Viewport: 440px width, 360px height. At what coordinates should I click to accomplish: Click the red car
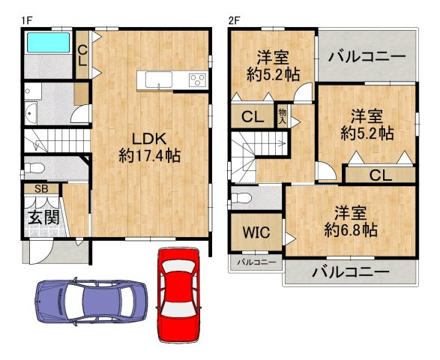click(178, 293)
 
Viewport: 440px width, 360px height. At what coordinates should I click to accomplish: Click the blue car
click(90, 301)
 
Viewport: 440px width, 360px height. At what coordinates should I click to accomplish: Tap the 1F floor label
click(25, 20)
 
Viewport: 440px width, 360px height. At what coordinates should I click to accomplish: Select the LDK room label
click(149, 138)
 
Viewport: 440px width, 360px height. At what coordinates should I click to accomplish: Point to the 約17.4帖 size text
click(149, 157)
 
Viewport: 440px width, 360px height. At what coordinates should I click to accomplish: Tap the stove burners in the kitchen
click(198, 80)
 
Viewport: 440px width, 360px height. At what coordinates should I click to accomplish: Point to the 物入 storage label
click(283, 114)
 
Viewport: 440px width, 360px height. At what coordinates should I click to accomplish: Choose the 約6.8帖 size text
click(350, 220)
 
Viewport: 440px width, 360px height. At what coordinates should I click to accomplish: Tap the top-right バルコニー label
click(367, 57)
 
